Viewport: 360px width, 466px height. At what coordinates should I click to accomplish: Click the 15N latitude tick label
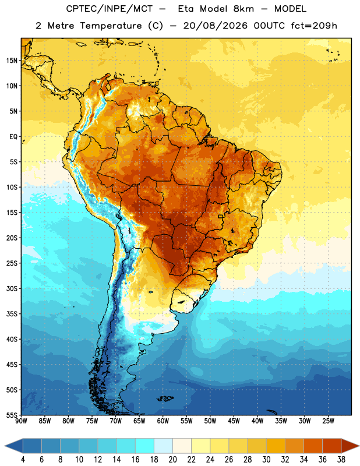click(12, 61)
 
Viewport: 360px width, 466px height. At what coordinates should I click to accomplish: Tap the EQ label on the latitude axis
click(13, 137)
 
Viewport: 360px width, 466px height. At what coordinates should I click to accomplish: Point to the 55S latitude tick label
click(12, 415)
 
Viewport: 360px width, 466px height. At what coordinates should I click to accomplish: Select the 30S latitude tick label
click(12, 288)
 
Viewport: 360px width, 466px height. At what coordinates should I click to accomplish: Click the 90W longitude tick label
click(21, 421)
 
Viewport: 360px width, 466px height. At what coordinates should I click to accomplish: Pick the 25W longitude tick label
click(328, 421)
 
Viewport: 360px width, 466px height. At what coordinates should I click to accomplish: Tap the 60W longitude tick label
click(163, 421)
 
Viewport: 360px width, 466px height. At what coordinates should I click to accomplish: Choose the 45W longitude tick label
click(234, 421)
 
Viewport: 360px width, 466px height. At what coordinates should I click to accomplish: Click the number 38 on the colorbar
click(341, 460)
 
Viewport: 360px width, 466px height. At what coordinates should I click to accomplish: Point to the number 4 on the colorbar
click(23, 460)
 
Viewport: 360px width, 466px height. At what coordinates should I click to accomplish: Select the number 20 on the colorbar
click(172, 460)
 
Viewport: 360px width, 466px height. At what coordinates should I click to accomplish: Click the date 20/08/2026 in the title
click(215, 26)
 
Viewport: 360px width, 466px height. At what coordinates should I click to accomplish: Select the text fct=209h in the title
click(314, 26)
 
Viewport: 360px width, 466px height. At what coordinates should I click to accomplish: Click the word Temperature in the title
click(111, 26)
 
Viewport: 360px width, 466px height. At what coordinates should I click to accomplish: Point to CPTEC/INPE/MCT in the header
click(109, 9)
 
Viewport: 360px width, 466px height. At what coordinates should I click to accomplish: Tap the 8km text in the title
click(244, 9)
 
